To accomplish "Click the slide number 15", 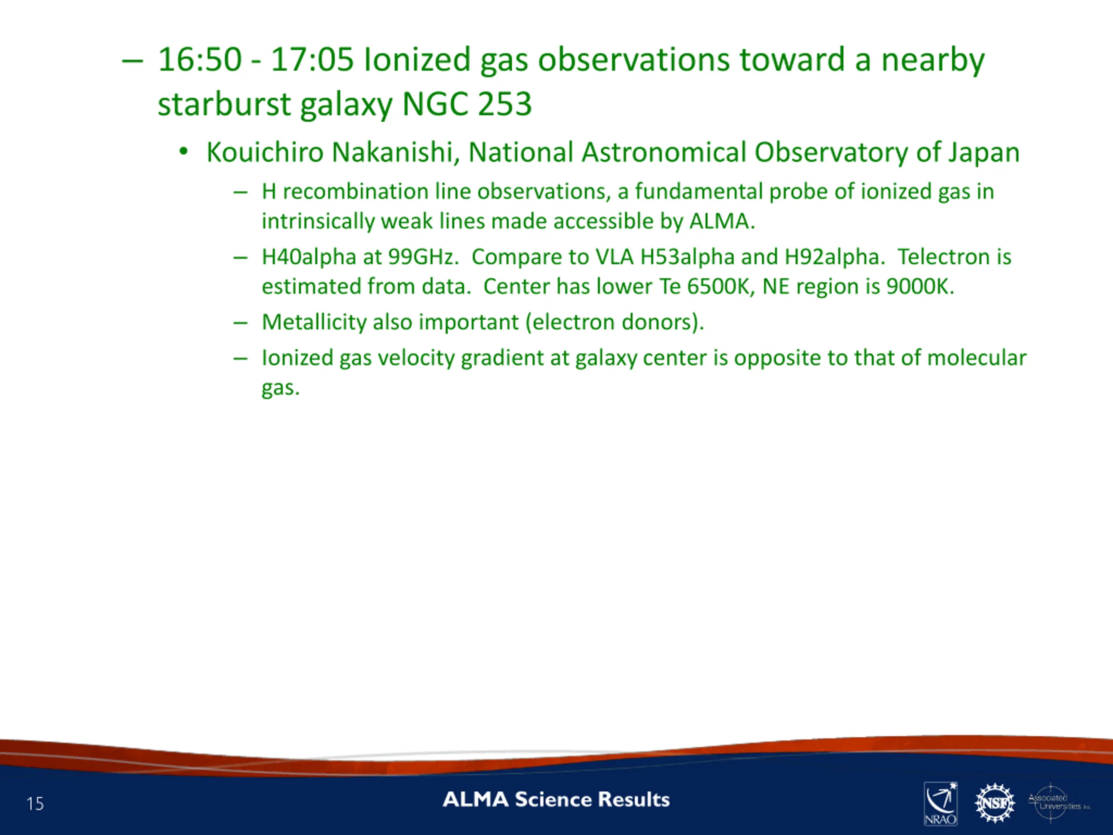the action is point(35,804).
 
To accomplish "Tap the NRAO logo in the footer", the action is point(940,803).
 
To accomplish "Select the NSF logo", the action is point(994,803).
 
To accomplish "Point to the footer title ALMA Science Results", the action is point(556,799).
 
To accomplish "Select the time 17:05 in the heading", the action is point(312,60).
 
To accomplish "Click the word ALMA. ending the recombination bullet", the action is point(722,221).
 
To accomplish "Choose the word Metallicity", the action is point(314,322).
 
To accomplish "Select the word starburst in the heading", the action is point(224,104).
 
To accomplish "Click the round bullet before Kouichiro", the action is point(183,151).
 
